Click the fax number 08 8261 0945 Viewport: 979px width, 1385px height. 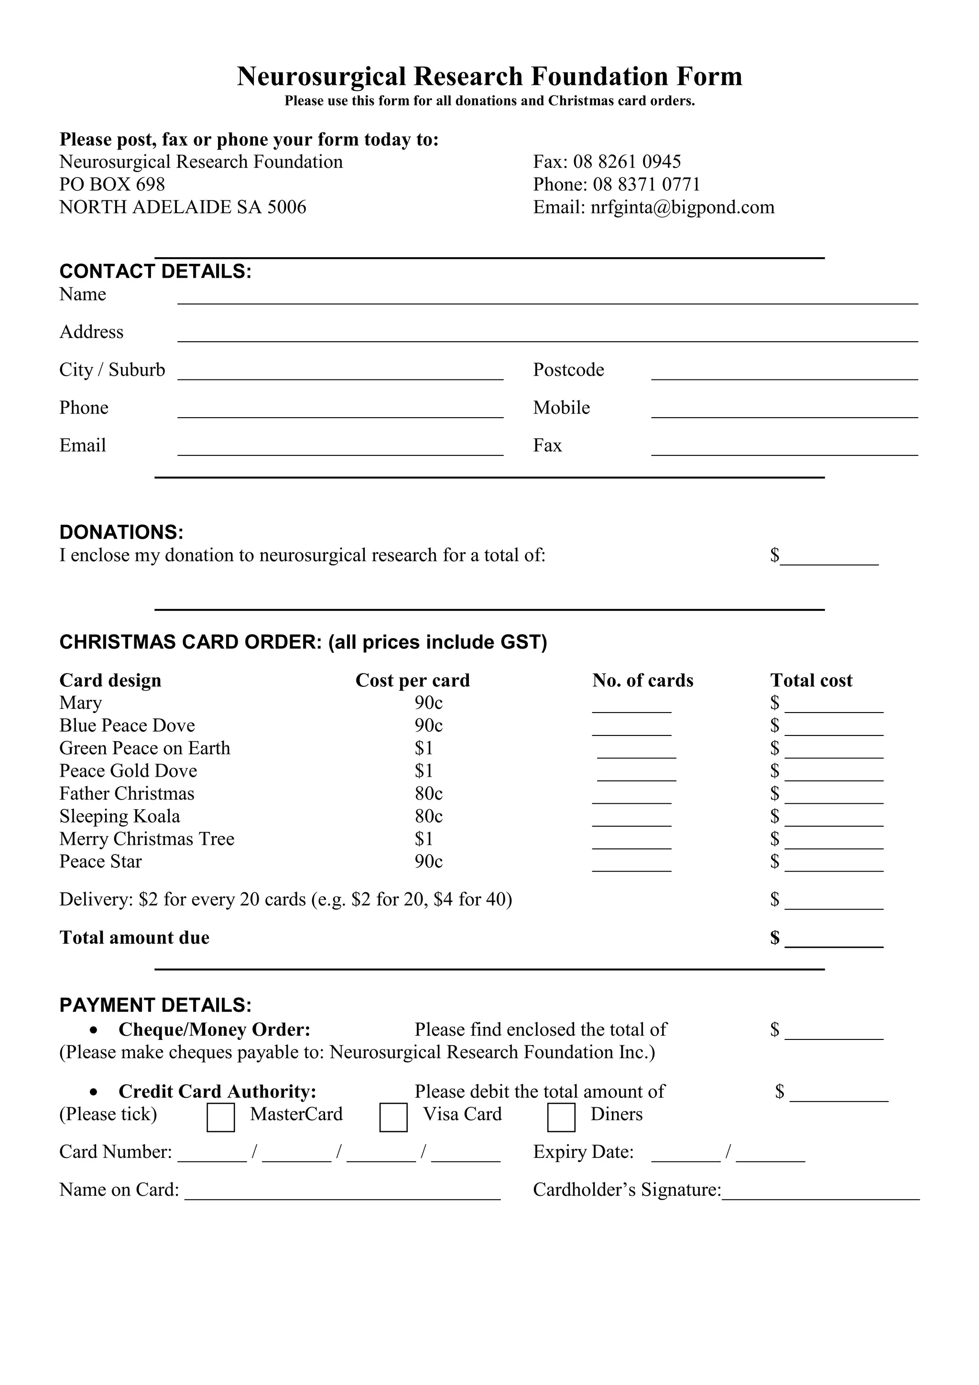point(627,162)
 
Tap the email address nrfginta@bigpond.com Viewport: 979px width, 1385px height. point(682,207)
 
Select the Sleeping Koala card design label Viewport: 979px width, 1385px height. point(120,816)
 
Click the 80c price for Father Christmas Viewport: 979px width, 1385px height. point(428,793)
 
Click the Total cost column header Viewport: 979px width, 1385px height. point(811,681)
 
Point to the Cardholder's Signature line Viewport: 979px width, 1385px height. point(820,1194)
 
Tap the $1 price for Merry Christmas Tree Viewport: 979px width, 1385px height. point(424,839)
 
